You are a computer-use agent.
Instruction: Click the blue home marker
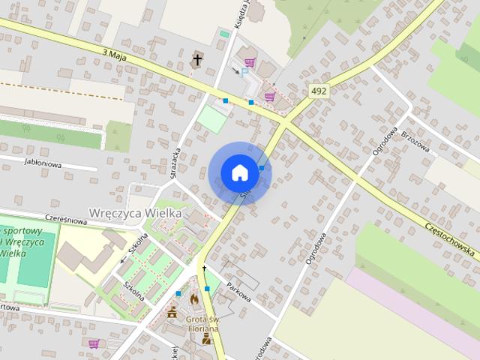239,172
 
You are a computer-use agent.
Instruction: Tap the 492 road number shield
319,91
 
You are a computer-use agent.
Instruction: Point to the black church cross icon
197,59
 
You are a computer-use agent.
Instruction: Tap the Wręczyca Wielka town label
135,213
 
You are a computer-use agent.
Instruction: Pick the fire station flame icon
193,298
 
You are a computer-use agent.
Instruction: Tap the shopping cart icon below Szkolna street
94,343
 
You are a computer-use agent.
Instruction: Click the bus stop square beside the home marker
261,168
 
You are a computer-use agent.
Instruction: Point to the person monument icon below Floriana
205,338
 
